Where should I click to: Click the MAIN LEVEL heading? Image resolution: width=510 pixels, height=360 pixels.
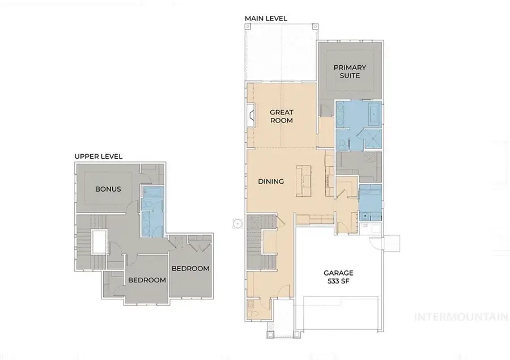click(266, 19)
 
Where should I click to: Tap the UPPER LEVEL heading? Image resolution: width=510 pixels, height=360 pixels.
click(99, 156)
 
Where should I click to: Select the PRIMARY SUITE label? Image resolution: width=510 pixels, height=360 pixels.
click(350, 71)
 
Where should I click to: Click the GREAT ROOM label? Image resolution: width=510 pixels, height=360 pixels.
click(281, 116)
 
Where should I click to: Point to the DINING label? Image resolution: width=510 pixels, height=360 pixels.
click(271, 181)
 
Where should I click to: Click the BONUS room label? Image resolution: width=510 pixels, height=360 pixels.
click(108, 189)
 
